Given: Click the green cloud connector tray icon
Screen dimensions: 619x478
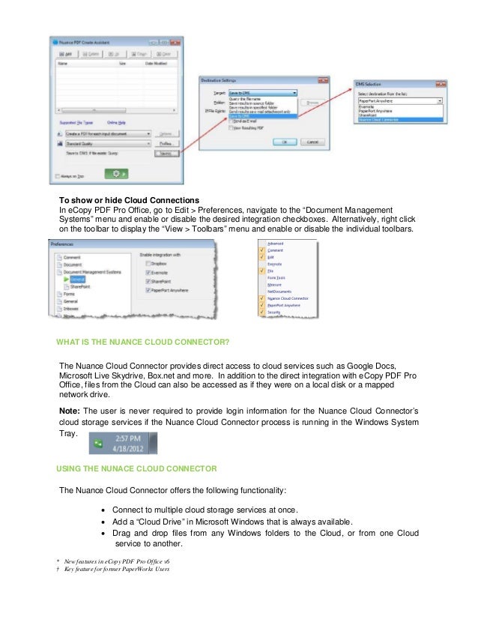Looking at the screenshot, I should (97, 444).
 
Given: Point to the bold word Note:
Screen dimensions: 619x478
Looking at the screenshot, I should (72, 411).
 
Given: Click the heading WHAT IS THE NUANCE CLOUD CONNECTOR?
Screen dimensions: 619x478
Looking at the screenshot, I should (142, 342).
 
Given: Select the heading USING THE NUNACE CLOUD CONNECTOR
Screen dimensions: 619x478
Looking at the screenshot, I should (136, 468).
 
